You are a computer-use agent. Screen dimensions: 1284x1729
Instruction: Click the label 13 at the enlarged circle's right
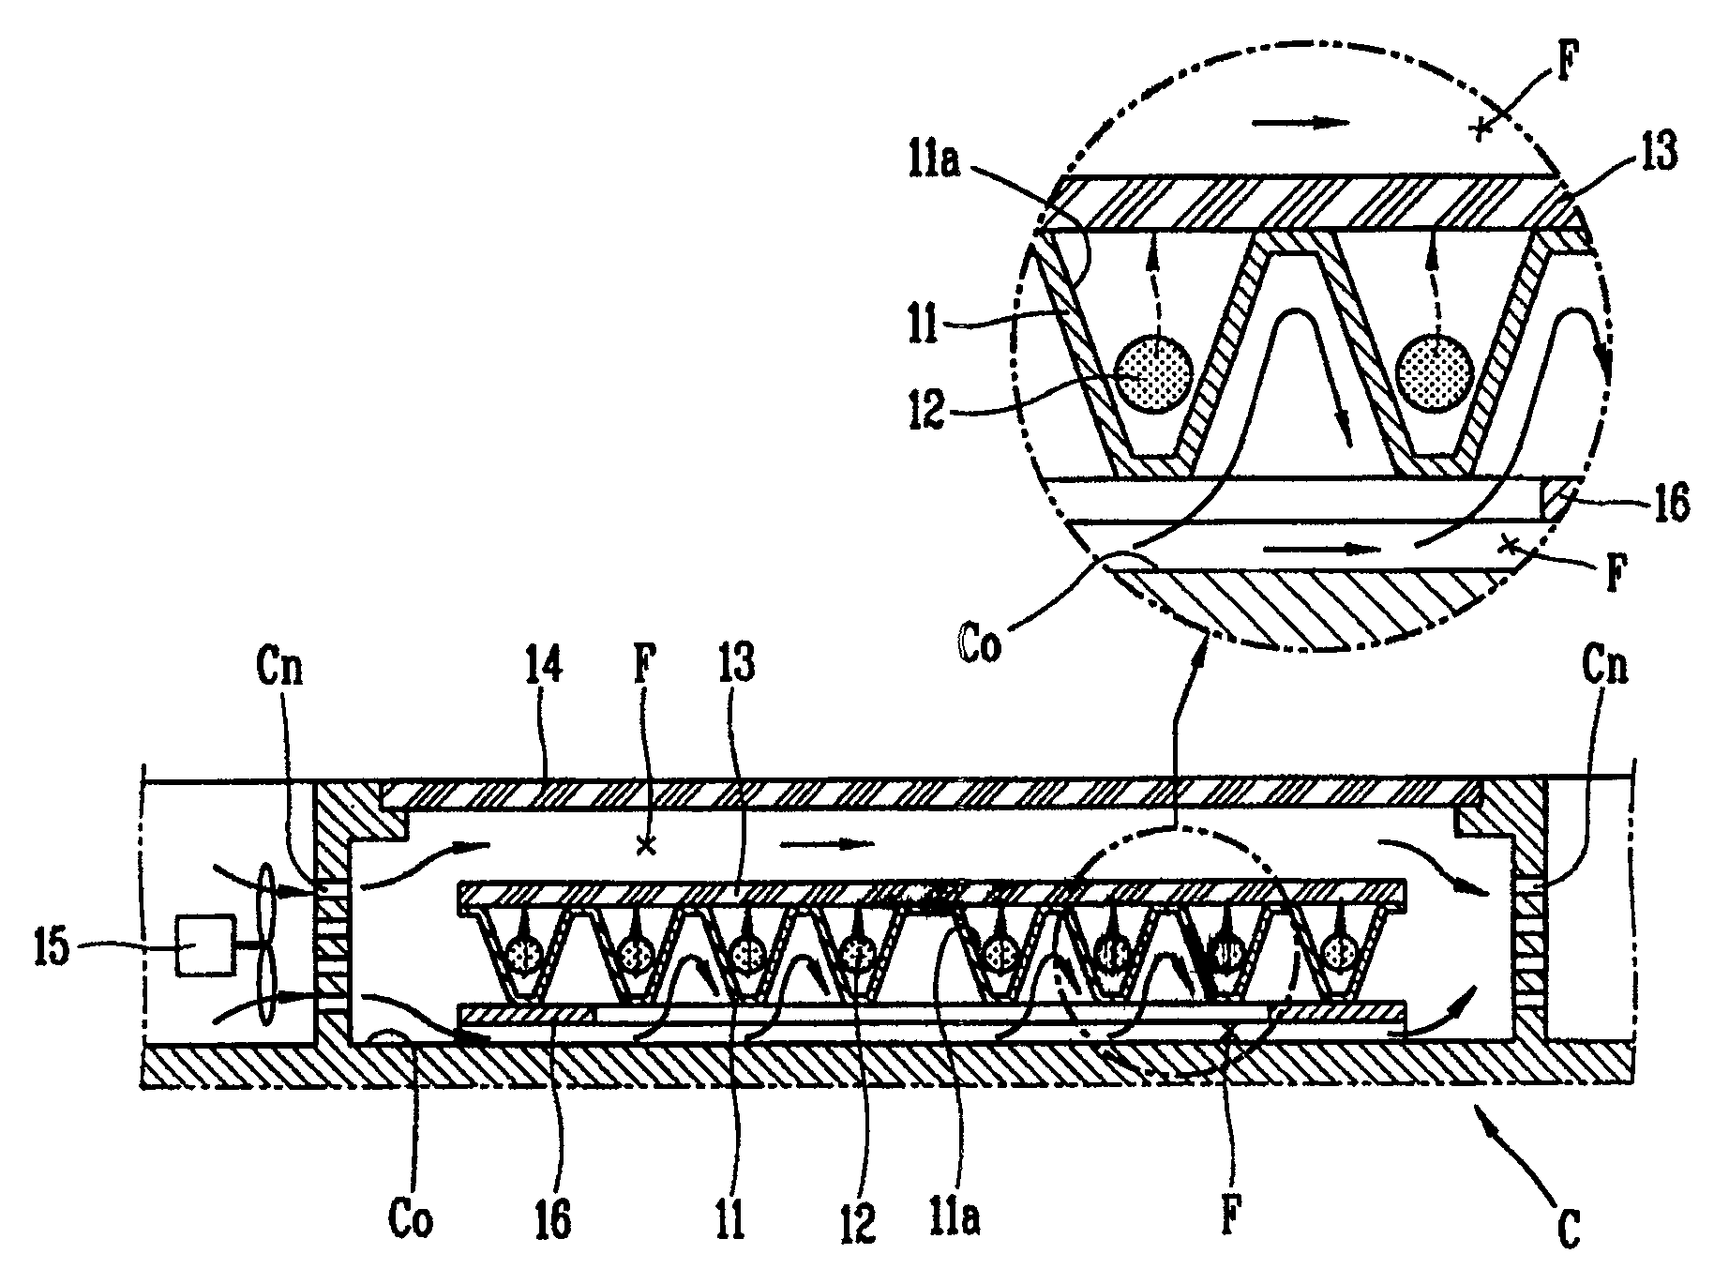pos(1657,152)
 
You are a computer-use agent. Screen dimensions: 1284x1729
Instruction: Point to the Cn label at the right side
pos(1604,669)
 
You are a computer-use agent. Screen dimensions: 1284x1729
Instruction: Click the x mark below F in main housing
pos(645,846)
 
